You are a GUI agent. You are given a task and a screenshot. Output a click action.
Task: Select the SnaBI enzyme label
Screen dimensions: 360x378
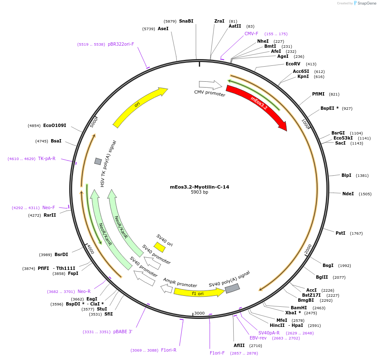point(186,21)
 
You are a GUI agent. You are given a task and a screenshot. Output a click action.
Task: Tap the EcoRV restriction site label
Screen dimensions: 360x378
point(293,64)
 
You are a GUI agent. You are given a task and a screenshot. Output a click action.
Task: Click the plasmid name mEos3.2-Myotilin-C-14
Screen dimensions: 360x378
point(199,187)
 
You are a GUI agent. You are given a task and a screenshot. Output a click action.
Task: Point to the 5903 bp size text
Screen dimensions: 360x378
point(199,192)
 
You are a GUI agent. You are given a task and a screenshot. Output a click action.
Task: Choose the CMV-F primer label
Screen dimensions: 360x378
point(251,34)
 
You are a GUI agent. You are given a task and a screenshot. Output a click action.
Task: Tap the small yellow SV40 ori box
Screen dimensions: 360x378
point(159,247)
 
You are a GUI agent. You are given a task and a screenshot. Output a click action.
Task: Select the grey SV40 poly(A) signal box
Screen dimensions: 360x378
point(232,288)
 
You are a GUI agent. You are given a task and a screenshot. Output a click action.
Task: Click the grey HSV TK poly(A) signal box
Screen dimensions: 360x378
point(98,161)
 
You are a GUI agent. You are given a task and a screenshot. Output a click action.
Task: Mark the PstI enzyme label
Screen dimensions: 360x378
point(340,233)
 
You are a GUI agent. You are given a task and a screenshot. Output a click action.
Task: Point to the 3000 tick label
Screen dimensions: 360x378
point(199,313)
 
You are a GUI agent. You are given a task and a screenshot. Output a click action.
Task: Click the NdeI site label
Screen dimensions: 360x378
point(348,194)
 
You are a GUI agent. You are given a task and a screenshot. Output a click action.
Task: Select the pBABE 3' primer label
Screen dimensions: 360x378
point(123,332)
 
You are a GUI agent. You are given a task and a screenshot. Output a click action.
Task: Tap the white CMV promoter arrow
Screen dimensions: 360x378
point(210,85)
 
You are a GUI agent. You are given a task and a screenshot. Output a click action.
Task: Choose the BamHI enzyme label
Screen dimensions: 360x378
point(299,308)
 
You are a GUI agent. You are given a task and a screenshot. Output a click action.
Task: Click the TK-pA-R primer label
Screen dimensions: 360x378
point(47,158)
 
